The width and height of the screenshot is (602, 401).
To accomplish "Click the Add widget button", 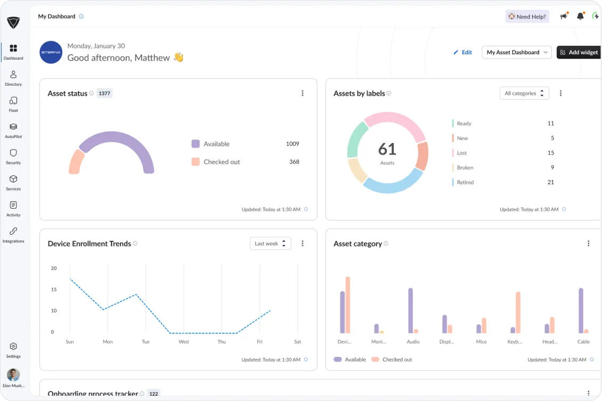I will tap(579, 52).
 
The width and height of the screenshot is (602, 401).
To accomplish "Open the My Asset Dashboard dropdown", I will tap(516, 52).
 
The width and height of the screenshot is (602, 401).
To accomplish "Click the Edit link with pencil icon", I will tap(462, 52).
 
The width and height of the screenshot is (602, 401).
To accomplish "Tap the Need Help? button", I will tap(527, 17).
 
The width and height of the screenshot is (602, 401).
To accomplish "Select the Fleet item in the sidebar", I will tap(13, 104).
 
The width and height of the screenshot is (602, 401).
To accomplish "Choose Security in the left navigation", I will tap(13, 156).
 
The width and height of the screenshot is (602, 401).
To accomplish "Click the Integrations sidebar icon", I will tap(13, 234).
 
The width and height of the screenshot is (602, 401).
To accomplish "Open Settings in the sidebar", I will tap(13, 350).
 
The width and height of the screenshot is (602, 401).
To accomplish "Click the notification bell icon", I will tap(580, 17).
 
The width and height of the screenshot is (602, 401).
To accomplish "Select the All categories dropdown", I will tap(524, 93).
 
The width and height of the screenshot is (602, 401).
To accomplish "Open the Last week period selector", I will tap(270, 243).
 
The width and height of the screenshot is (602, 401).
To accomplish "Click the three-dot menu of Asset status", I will tap(303, 93).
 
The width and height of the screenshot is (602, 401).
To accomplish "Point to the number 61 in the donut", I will tap(387, 149).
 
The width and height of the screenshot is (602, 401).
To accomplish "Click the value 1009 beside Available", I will tap(292, 144).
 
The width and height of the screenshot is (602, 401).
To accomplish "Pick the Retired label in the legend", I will tap(465, 182).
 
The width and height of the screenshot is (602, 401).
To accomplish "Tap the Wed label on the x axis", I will tap(183, 341).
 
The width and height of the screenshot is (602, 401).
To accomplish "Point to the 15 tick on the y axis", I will tap(53, 289).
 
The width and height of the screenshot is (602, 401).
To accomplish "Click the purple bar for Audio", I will tap(410, 310).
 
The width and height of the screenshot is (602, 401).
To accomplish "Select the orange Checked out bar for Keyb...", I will tap(518, 312).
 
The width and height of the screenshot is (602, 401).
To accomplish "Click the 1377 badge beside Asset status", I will tap(104, 93).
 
